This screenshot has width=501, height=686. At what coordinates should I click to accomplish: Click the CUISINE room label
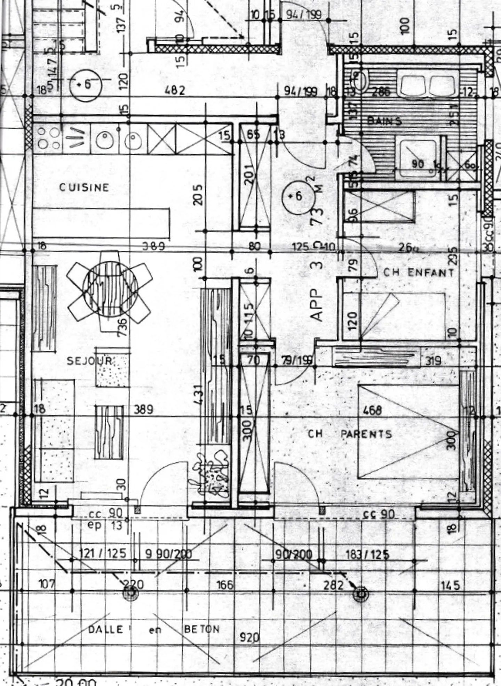click(84, 188)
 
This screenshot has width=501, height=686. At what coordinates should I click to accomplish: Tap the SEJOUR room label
click(89, 361)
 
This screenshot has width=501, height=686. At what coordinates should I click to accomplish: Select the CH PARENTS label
click(350, 434)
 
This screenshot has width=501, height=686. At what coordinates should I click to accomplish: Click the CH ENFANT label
click(419, 272)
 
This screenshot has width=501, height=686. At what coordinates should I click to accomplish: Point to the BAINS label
click(384, 121)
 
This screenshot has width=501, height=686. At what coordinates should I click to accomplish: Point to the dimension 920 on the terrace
click(249, 638)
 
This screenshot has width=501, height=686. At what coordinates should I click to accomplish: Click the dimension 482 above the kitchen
click(175, 90)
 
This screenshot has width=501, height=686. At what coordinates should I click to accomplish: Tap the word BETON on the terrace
click(202, 629)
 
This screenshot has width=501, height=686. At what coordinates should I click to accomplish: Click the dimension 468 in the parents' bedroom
click(372, 410)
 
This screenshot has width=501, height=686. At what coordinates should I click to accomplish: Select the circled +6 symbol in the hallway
click(296, 196)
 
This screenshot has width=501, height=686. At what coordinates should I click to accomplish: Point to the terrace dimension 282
click(333, 586)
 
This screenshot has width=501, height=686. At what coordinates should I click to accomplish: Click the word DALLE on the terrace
click(105, 629)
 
